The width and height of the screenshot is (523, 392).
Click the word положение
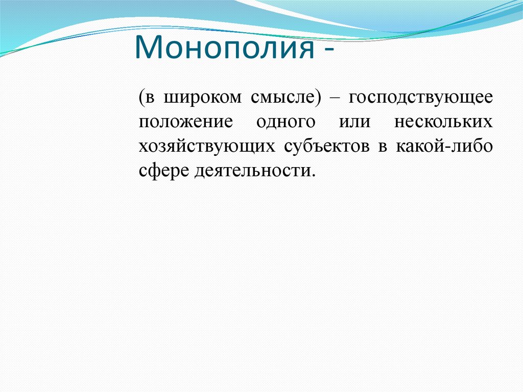(x=186, y=122)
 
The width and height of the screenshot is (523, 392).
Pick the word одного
(x=286, y=122)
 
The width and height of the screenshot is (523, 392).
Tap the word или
(x=354, y=122)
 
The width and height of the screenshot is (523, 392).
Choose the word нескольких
(x=443, y=122)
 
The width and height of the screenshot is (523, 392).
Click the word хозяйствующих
(x=207, y=146)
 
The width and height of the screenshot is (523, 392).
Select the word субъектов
(x=327, y=146)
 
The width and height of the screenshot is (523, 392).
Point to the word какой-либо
(x=444, y=146)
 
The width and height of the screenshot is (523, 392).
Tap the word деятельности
(x=252, y=171)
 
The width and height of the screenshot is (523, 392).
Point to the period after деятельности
(x=313, y=175)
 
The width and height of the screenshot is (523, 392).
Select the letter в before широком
(x=150, y=98)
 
